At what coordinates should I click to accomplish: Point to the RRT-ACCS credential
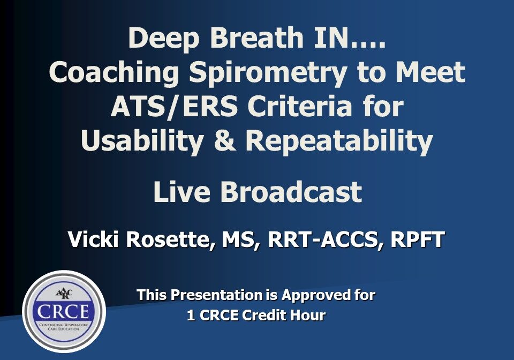(x=324, y=239)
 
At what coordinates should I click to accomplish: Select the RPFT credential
(x=416, y=239)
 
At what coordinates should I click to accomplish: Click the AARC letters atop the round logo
(x=64, y=293)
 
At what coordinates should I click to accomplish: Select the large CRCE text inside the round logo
(x=64, y=310)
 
